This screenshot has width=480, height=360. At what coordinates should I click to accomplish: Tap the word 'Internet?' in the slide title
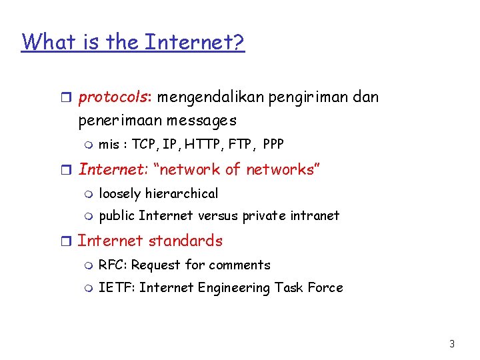pos(195,42)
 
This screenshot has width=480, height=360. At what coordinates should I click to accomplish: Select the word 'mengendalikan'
pos(211,97)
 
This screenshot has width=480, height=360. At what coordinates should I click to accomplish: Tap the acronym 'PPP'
pos(273,144)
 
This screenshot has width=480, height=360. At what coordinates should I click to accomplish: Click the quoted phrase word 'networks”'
pos(283,169)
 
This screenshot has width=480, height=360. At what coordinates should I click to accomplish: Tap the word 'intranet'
pos(313,215)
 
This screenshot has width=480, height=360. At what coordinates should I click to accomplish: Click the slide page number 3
pos(452,344)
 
